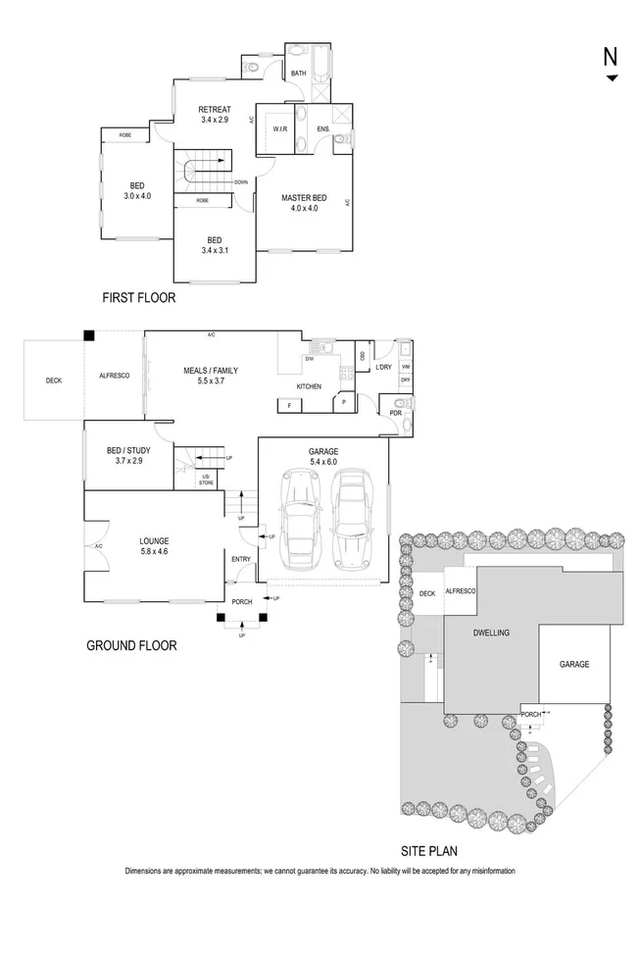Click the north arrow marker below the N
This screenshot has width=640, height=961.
coord(612,78)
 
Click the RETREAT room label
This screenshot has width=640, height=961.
coord(214,109)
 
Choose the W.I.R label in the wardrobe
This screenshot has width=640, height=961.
coord(279,128)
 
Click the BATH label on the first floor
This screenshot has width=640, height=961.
coord(298,73)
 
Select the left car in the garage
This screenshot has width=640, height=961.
coord(301,520)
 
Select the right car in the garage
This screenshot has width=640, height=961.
coord(353,518)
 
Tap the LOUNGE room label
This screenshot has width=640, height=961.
coord(155,540)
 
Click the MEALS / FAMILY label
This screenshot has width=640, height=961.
coord(211,371)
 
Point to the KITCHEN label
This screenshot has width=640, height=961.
coord(309,386)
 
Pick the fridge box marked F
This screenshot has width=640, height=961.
coord(290,404)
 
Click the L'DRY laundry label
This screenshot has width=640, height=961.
coord(383,367)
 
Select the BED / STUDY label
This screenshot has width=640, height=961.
coord(124,451)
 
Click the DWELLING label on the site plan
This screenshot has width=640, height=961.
coord(491,633)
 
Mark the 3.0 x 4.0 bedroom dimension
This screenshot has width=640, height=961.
coord(138,196)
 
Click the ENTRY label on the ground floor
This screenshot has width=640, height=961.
coord(240,559)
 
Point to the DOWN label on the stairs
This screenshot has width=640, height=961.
coord(240,182)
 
